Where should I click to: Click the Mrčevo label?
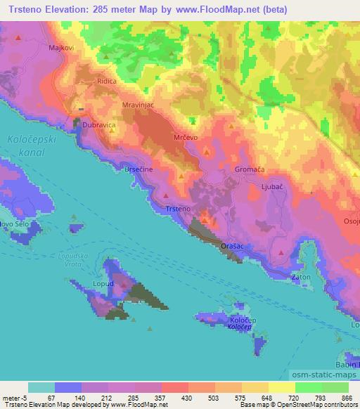click(186, 138)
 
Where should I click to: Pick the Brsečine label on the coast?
click(138, 170)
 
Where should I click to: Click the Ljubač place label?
click(271, 188)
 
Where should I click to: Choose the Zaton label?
click(301, 278)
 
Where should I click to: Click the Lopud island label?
click(103, 284)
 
